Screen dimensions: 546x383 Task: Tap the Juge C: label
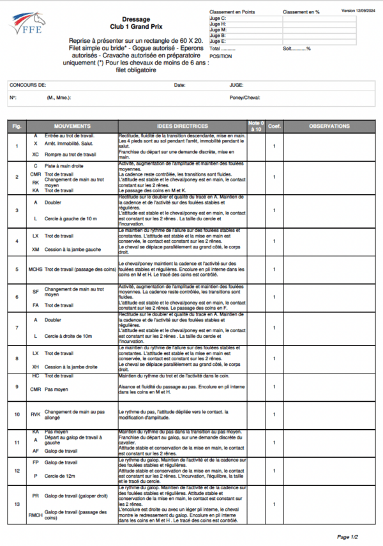[x=218, y=19]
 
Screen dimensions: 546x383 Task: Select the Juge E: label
[x=218, y=41]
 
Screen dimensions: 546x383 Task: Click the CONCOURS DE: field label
[x=27, y=85]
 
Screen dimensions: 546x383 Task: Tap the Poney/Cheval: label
[x=246, y=98]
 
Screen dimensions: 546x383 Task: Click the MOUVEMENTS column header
[x=72, y=126]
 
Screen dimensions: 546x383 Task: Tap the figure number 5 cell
[x=17, y=269]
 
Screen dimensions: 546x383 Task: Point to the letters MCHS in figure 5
[x=36, y=269]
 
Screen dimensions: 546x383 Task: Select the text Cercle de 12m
[x=62, y=476]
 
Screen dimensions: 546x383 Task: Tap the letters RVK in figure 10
[x=36, y=414]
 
